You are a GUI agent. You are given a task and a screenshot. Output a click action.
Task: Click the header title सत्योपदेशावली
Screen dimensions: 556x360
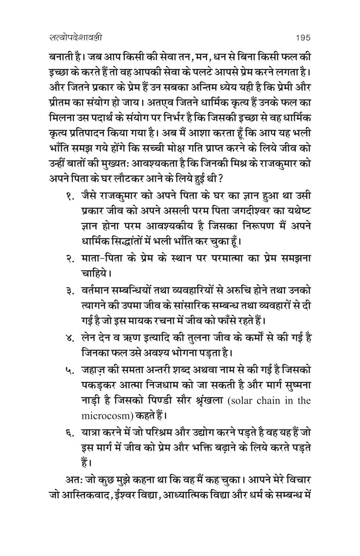coord(74,38)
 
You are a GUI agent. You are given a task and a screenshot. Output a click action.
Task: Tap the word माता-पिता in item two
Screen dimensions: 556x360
coord(98,258)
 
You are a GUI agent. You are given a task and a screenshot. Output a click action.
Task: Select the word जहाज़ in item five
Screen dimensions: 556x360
coord(95,371)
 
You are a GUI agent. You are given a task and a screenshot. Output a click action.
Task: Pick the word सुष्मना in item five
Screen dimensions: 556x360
coord(297,386)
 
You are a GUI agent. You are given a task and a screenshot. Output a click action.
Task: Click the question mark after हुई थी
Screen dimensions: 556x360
coord(221,180)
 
